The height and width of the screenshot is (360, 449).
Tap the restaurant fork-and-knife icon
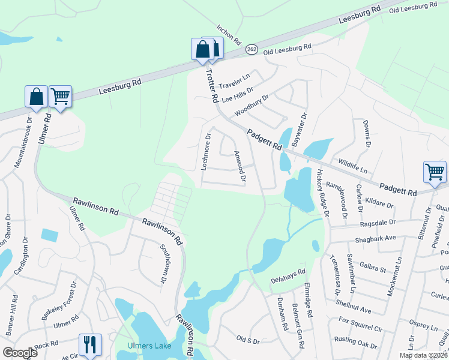pos(90,344)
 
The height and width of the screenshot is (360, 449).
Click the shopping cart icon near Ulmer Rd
pos(60,96)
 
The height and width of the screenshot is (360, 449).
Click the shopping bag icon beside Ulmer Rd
pos(36,96)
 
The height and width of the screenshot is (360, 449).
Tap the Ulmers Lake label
pos(149,346)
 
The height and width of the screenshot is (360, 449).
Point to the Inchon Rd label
pos(229,36)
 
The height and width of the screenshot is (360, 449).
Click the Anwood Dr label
pos(240,166)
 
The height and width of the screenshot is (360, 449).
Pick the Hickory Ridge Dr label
pos(323,192)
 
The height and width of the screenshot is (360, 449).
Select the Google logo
pos(20,353)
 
